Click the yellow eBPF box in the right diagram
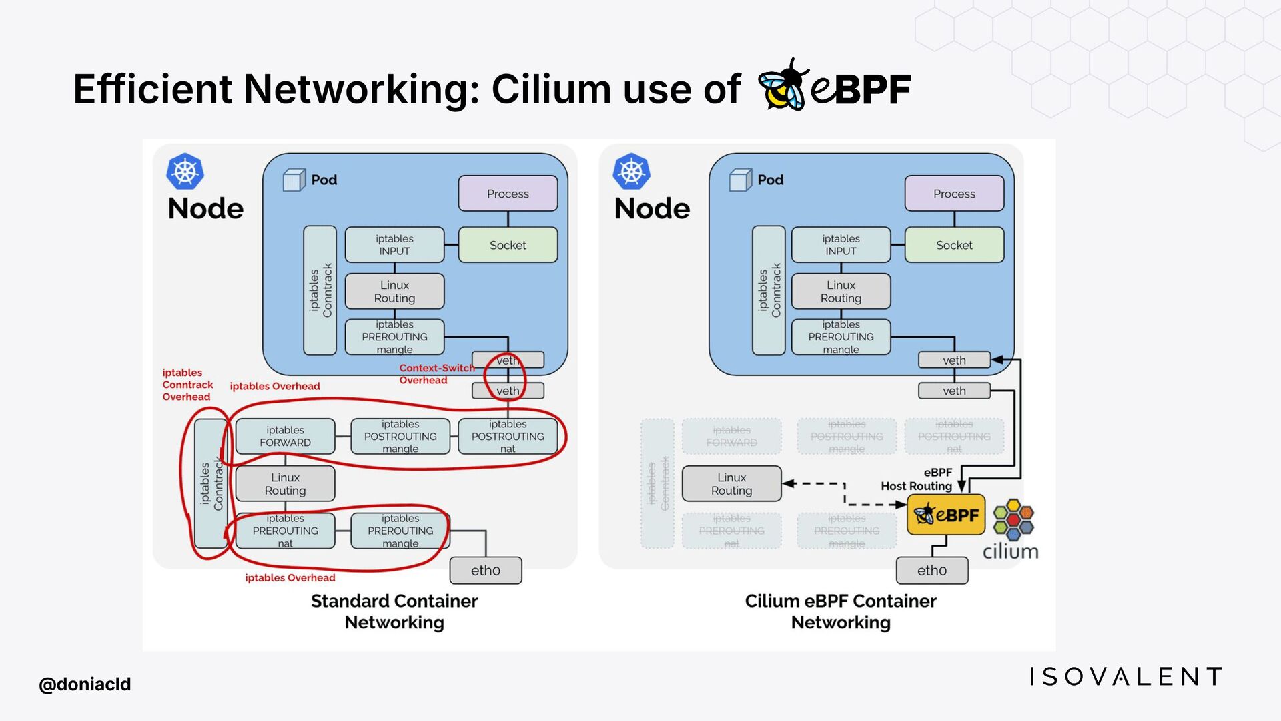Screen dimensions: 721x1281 [x=945, y=515]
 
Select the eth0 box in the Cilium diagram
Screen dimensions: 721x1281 [x=931, y=571]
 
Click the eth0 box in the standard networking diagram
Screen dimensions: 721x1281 [x=485, y=571]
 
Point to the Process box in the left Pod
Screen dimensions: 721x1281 [x=508, y=194]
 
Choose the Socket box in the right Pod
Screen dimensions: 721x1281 [x=954, y=245]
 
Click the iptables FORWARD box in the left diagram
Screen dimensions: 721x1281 [x=285, y=436]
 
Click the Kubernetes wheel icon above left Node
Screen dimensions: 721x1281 [x=185, y=172]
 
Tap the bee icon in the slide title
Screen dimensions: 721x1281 [x=783, y=85]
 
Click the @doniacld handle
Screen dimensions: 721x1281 [x=85, y=684]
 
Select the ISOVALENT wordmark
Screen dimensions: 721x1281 [x=1125, y=676]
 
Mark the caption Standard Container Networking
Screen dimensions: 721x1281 [x=394, y=612]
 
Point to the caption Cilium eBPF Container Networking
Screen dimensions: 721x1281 [x=841, y=612]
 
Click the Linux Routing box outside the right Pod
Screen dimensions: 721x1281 [x=731, y=484]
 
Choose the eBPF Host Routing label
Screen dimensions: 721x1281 [x=917, y=479]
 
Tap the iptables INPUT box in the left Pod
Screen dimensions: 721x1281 [x=394, y=245]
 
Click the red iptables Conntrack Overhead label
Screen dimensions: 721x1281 [x=187, y=385]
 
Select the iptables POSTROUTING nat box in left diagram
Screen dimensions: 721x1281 [x=508, y=436]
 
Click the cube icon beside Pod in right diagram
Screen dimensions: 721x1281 [x=740, y=180]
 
